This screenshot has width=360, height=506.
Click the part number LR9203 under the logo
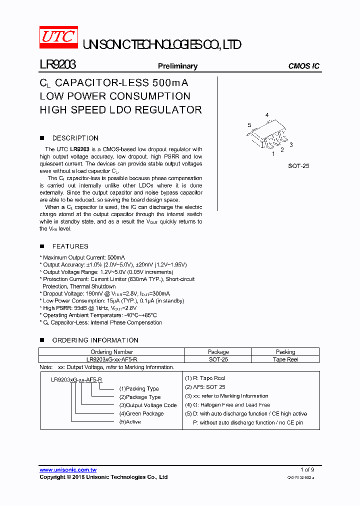click(57, 65)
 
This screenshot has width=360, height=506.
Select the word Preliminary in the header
click(177, 66)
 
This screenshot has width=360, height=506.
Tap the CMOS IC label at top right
click(304, 66)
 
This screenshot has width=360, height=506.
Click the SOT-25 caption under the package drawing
click(298, 165)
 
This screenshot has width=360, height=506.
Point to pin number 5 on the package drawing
click(249, 125)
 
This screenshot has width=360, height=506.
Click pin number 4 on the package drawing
click(267, 115)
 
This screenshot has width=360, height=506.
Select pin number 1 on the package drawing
click(273, 154)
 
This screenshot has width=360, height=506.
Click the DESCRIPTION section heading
click(75, 138)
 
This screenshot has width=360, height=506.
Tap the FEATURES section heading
click(70, 246)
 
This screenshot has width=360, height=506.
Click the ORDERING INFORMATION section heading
click(95, 340)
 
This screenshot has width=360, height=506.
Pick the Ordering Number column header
click(112, 352)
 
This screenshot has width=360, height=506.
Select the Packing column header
click(285, 352)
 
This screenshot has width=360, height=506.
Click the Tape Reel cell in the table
click(285, 359)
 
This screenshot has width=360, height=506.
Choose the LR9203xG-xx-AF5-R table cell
click(112, 359)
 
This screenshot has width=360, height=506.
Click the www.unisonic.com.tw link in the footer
click(68, 470)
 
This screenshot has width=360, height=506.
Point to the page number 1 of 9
click(307, 469)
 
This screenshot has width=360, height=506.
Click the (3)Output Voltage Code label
click(148, 405)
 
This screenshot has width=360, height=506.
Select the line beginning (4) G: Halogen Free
click(227, 404)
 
